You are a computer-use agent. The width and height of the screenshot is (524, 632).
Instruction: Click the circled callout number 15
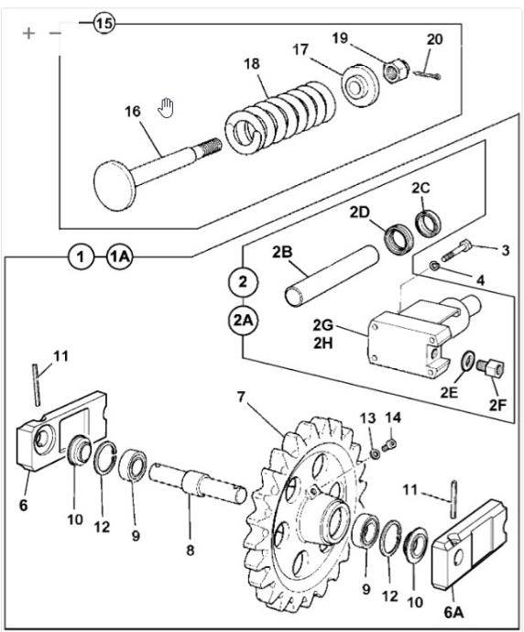coord(104,23)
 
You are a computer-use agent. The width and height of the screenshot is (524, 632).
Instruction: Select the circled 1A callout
coord(120,256)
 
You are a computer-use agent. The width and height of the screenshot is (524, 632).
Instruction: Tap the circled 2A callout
coord(244,321)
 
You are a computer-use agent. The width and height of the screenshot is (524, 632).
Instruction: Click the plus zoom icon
coord(28,33)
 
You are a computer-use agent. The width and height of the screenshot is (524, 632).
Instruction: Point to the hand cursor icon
coord(166,108)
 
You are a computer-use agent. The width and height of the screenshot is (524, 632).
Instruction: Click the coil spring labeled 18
coord(279,117)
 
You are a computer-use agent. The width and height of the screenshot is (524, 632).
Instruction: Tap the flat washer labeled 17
coord(360,85)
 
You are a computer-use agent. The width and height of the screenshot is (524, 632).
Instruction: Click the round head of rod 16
coord(115,185)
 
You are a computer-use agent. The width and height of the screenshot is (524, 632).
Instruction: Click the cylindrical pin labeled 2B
coord(333,276)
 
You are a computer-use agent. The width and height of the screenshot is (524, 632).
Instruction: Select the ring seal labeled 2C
coord(428,223)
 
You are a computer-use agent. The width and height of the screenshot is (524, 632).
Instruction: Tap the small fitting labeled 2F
coord(490,367)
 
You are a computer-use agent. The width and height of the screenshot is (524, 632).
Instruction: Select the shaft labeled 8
coord(198,484)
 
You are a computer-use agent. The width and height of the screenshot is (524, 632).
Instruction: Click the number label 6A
coord(453,613)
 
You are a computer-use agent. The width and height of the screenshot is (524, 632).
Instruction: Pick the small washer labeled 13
coord(376,453)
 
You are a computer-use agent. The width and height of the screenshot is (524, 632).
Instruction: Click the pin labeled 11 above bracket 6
coord(37,385)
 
